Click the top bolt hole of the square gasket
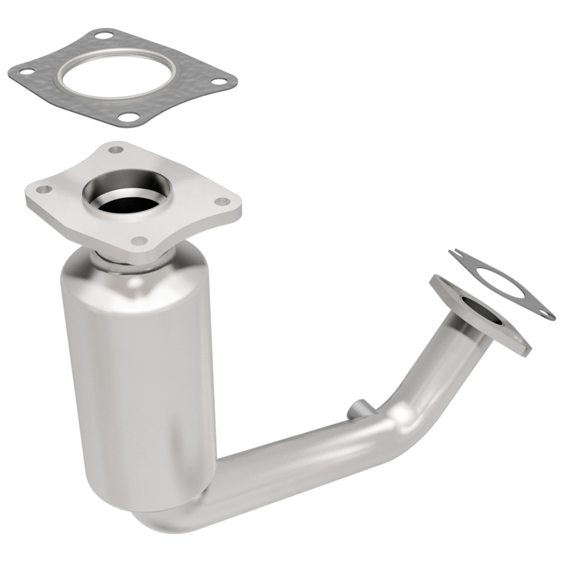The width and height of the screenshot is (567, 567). pos(103,35)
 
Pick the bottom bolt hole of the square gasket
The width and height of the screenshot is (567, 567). pos(130,117)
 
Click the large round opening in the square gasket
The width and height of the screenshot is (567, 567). pos(117,73)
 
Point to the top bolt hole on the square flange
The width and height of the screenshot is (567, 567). pos(116,150)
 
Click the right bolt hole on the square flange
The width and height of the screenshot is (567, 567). pos(223,201)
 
